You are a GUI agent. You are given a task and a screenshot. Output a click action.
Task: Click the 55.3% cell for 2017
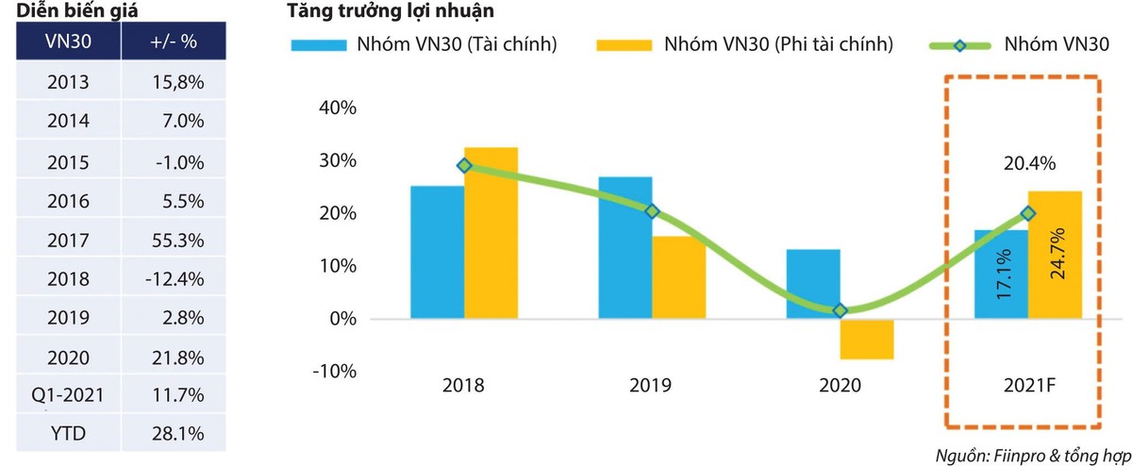pyautogui.click(x=177, y=241)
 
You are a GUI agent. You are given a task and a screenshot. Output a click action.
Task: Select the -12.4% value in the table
pyautogui.click(x=177, y=279)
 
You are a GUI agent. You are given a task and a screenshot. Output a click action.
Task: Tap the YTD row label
pyautogui.click(x=68, y=436)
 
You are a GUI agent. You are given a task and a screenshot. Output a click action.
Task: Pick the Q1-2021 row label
pyautogui.click(x=68, y=397)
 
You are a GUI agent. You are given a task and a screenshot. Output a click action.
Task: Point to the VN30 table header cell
pyautogui.click(x=68, y=43)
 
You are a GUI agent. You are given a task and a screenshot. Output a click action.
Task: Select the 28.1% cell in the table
pyautogui.click(x=177, y=436)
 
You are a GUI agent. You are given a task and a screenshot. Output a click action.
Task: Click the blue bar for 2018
pyautogui.click(x=437, y=252)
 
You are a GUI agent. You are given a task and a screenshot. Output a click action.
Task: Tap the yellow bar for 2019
pyautogui.click(x=678, y=277)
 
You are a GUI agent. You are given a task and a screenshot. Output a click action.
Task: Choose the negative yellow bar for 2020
pyautogui.click(x=867, y=339)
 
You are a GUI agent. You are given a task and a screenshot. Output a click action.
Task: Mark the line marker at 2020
pyautogui.click(x=841, y=310)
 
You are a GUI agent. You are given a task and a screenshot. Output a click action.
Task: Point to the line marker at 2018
pyautogui.click(x=463, y=165)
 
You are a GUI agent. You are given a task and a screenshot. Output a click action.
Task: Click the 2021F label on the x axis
pyautogui.click(x=1028, y=386)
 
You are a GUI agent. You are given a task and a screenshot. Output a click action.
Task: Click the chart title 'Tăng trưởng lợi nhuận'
pyautogui.click(x=391, y=12)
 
